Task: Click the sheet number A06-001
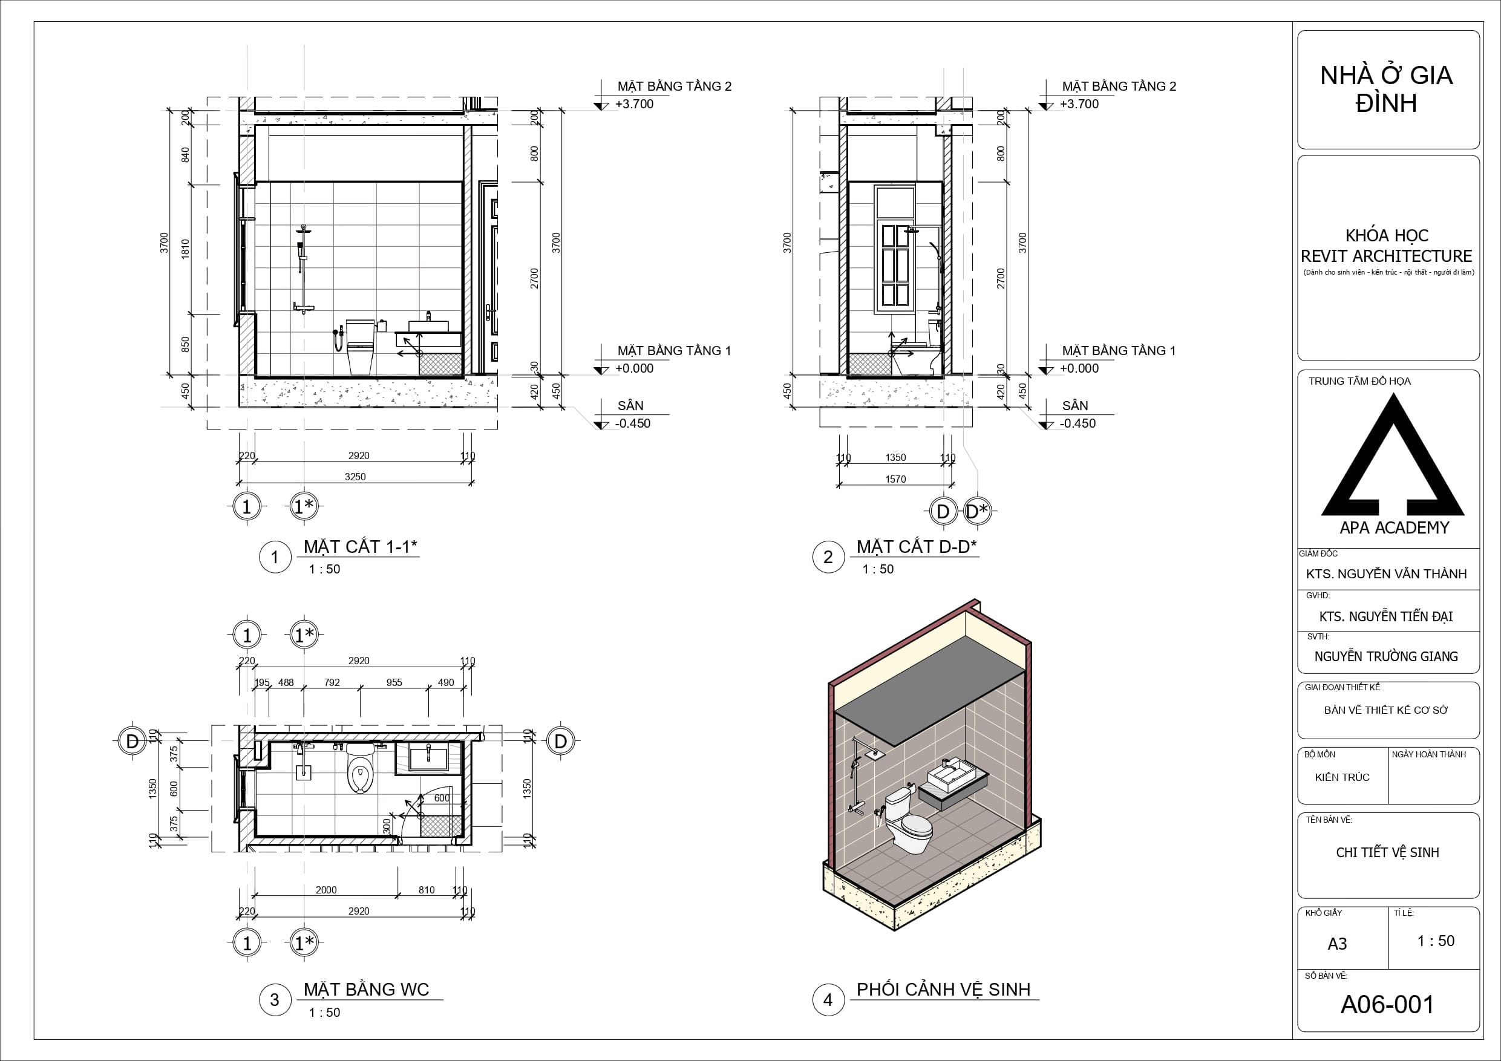click(x=1387, y=1005)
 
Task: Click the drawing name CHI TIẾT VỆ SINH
click(x=1387, y=852)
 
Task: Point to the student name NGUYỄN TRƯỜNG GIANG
click(x=1386, y=656)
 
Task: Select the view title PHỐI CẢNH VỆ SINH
click(x=943, y=990)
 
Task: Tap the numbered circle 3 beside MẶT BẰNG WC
click(x=275, y=999)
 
